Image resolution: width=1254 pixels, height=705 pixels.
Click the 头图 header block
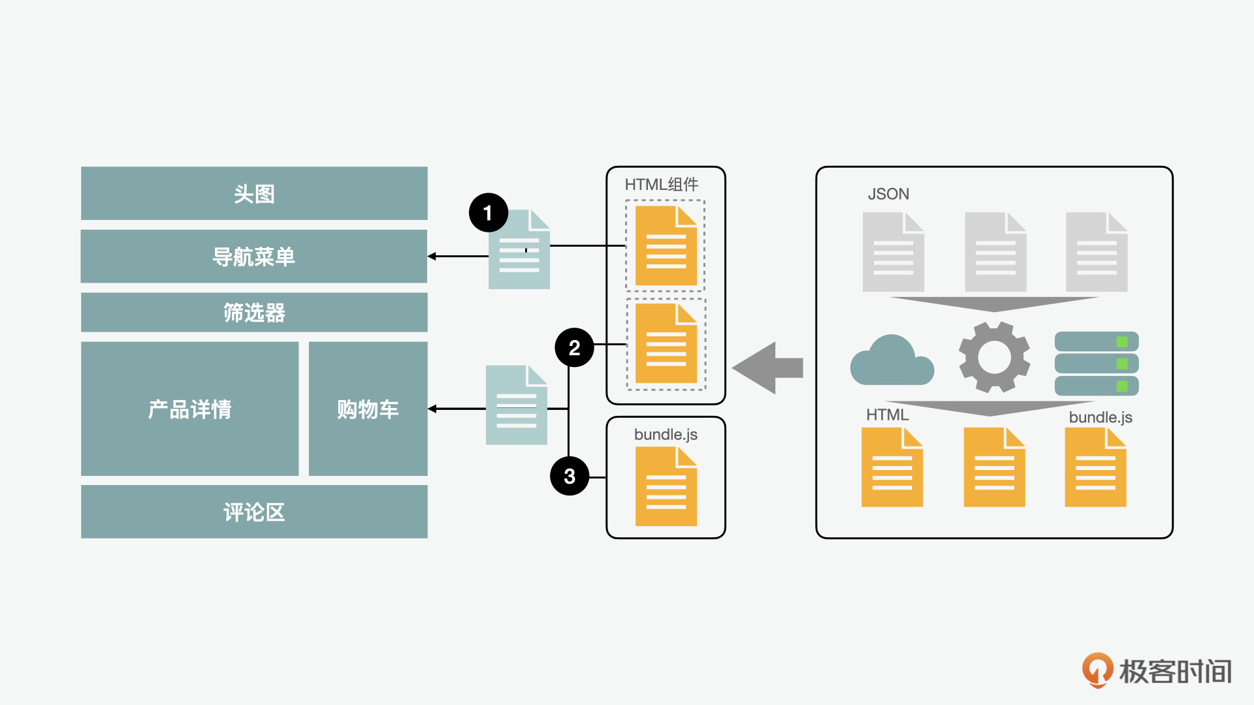[254, 193]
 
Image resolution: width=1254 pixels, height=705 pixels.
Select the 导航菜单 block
[254, 257]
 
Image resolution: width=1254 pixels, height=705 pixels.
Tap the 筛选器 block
[254, 313]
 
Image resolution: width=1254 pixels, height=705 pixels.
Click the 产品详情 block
[189, 409]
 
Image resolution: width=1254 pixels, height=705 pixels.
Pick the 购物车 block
[368, 409]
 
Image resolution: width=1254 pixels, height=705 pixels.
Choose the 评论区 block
[254, 512]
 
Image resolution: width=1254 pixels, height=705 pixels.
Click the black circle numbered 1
[488, 213]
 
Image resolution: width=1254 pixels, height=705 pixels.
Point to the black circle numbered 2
[574, 347]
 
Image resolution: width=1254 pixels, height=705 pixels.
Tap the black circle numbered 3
[570, 476]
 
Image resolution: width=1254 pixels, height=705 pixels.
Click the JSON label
[888, 194]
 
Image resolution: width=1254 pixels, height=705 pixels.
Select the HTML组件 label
[662, 185]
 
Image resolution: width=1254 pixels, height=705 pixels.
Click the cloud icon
[892, 361]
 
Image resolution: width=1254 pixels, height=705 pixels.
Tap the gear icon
[994, 357]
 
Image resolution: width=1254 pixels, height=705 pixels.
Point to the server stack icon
[1097, 364]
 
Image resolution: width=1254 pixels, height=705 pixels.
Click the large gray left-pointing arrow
[767, 368]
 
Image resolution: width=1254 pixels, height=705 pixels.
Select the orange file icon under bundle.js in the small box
[666, 487]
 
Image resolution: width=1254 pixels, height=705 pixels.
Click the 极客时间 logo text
[1175, 672]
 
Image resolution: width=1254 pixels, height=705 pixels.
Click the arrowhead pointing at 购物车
[432, 409]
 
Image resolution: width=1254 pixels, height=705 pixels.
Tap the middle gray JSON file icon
[995, 253]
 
